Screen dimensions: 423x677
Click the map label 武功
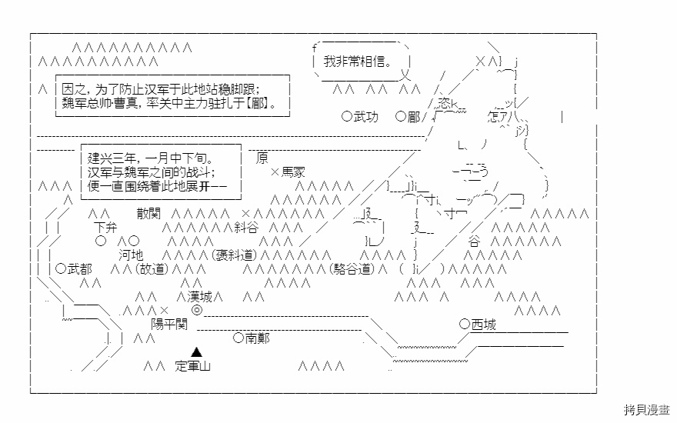pyautogui.click(x=365, y=117)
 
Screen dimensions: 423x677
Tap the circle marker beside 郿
pyautogui.click(x=400, y=117)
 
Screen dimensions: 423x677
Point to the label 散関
pyautogui.click(x=151, y=213)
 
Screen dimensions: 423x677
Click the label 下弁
pyautogui.click(x=106, y=227)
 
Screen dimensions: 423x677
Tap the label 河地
pyautogui.click(x=130, y=255)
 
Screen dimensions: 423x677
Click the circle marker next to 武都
pyautogui.click(x=61, y=268)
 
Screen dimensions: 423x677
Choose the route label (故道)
pyautogui.click(x=152, y=268)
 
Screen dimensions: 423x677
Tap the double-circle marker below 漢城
pyautogui.click(x=197, y=310)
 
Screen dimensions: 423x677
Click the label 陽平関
pyautogui.click(x=168, y=324)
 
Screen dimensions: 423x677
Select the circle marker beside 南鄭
pyautogui.click(x=238, y=338)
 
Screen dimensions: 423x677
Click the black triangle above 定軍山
pyautogui.click(x=197, y=351)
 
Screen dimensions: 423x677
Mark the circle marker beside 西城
pyautogui.click(x=464, y=324)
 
